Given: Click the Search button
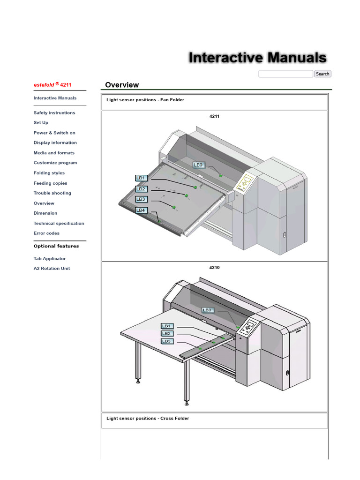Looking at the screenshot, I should (x=322, y=74).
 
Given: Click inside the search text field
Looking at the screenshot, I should (x=285, y=74).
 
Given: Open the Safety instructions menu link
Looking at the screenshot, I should (x=54, y=113).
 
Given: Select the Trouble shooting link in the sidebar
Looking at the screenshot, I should (x=52, y=193).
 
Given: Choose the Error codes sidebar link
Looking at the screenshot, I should (x=46, y=233).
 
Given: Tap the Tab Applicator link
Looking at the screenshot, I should (x=50, y=259).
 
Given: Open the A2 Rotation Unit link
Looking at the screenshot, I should (x=52, y=269).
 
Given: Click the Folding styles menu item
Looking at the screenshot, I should (x=49, y=173).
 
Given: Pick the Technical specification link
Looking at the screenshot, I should (x=59, y=224).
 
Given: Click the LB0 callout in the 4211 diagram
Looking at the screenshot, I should (x=198, y=165).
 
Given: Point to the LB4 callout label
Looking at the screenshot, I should (x=141, y=210).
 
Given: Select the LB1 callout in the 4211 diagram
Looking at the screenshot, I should (x=141, y=178).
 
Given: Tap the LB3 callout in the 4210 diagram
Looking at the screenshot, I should (x=167, y=341).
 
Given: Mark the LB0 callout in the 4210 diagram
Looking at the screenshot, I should (x=208, y=310).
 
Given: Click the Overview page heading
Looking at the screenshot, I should (x=122, y=85).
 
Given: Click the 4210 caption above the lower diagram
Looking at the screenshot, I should (x=214, y=268).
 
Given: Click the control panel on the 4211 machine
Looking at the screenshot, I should (x=247, y=182).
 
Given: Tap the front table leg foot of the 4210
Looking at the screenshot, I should (x=187, y=403).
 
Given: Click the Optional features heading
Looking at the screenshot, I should (x=56, y=246).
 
